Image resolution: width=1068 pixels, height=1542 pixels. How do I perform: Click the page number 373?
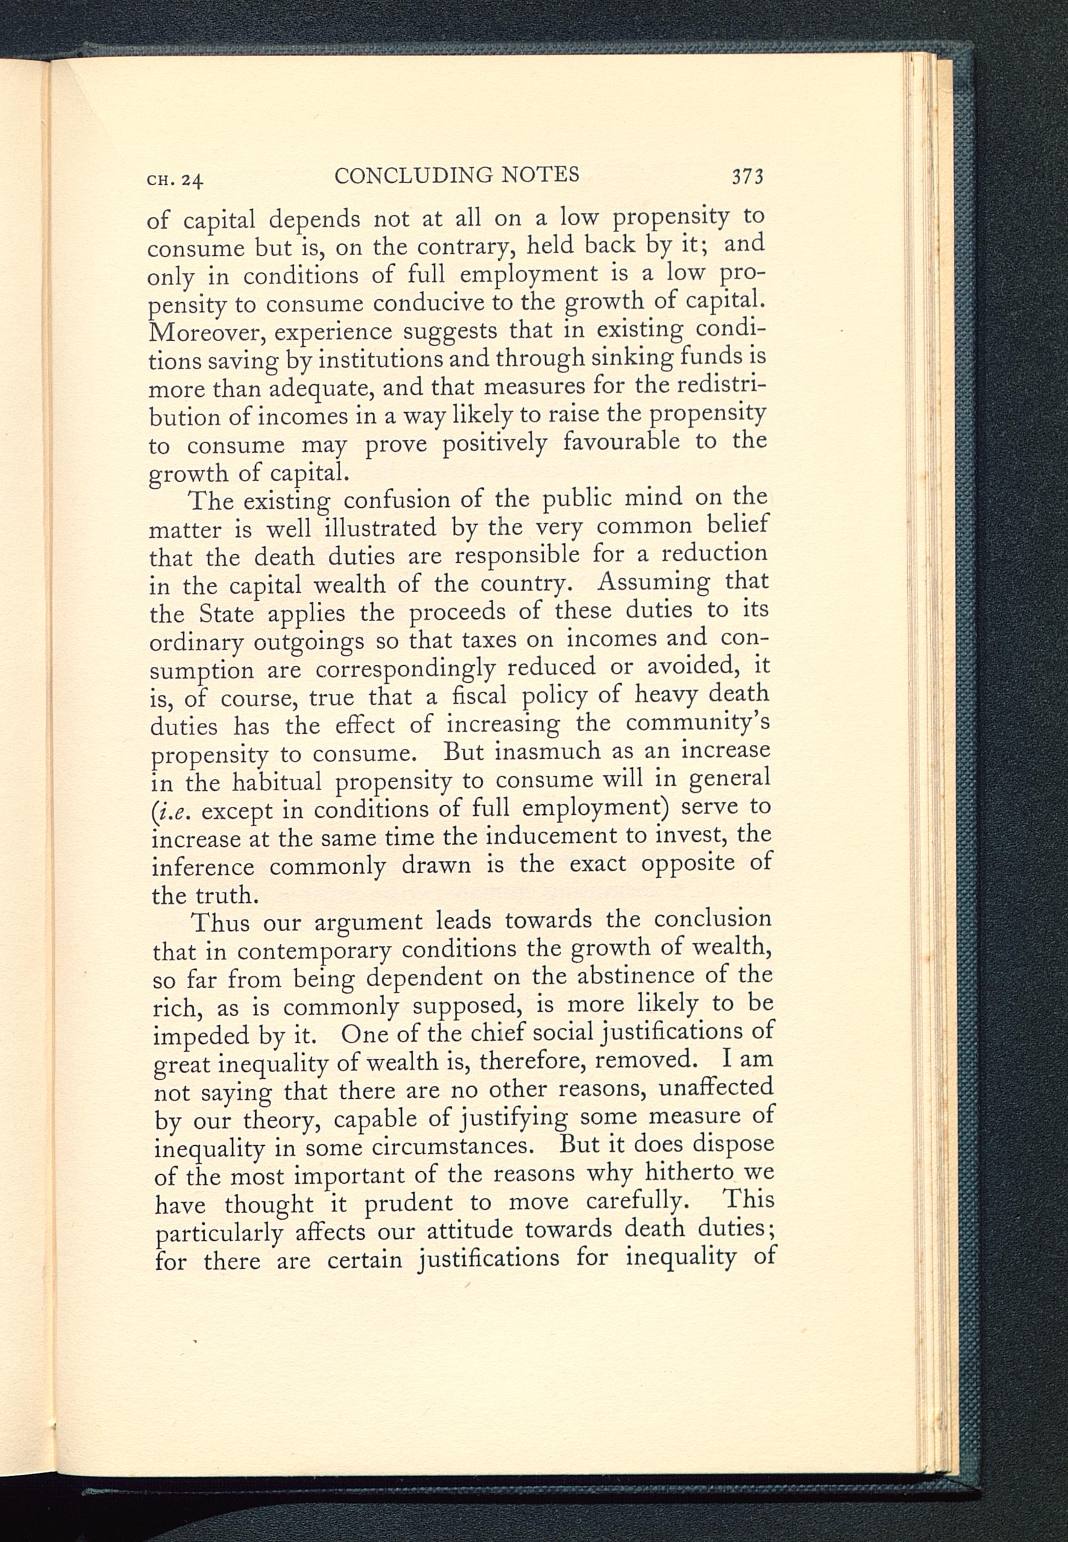coord(748,177)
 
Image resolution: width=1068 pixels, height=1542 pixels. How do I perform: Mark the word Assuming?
coord(654,582)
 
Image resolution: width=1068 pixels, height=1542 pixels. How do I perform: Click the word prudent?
coord(410,1203)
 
